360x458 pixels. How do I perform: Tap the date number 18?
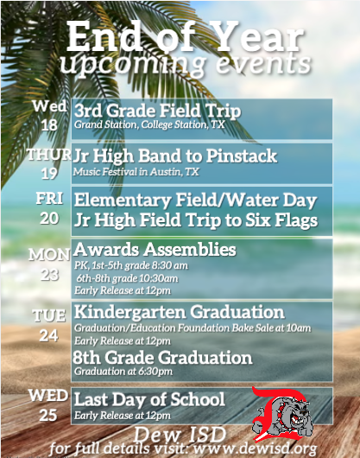tap(49, 125)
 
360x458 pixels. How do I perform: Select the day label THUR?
tap(49, 154)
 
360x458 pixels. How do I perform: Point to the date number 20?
tap(49, 218)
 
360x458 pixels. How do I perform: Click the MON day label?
tap(49, 255)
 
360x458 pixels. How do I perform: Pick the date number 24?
tap(49, 336)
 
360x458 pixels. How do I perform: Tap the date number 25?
tap(48, 415)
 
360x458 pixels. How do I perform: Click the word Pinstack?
tap(242, 156)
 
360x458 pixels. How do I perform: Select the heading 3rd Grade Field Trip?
tap(158, 111)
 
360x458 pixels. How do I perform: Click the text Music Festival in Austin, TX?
tap(136, 172)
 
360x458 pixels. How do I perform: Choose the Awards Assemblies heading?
tap(155, 250)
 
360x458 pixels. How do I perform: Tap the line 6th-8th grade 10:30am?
tap(127, 278)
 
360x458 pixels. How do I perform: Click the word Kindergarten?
tap(129, 313)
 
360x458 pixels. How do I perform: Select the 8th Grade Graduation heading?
tap(162, 358)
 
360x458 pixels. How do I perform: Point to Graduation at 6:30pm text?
tap(123, 372)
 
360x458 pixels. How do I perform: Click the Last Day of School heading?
tap(149, 399)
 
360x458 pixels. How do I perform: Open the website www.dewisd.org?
tap(255, 448)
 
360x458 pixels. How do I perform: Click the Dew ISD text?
tap(180, 435)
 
